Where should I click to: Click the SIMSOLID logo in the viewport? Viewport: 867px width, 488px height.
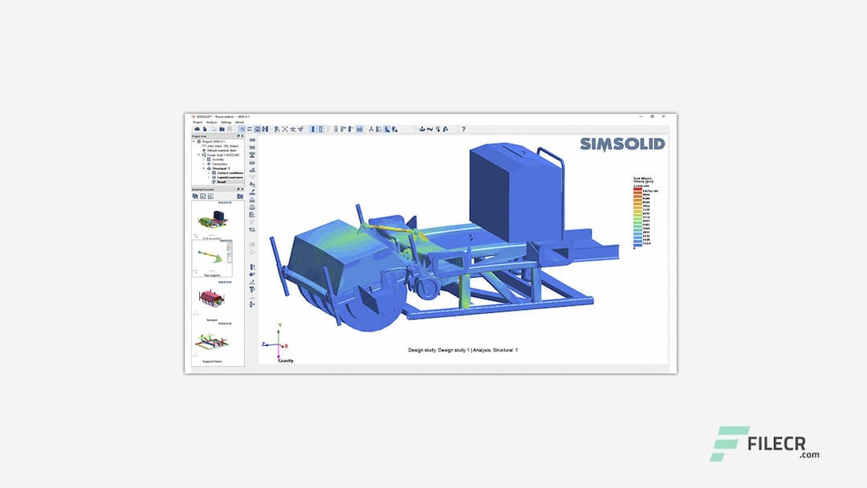coord(621,144)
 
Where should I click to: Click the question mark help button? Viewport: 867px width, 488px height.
coord(463,129)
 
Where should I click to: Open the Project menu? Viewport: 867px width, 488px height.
coord(197,122)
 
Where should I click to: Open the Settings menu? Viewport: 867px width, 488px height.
coord(226,122)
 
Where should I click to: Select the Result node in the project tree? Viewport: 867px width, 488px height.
coord(221,181)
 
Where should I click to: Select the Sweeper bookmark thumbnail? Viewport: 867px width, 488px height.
coord(212,299)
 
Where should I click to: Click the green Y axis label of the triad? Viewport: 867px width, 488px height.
coord(279,326)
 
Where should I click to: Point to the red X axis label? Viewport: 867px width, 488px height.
coord(287,346)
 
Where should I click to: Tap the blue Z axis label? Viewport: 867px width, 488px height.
coord(264,344)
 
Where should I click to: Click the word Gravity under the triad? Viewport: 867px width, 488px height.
coord(286,360)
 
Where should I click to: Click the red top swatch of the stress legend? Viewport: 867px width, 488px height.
coord(635,189)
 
